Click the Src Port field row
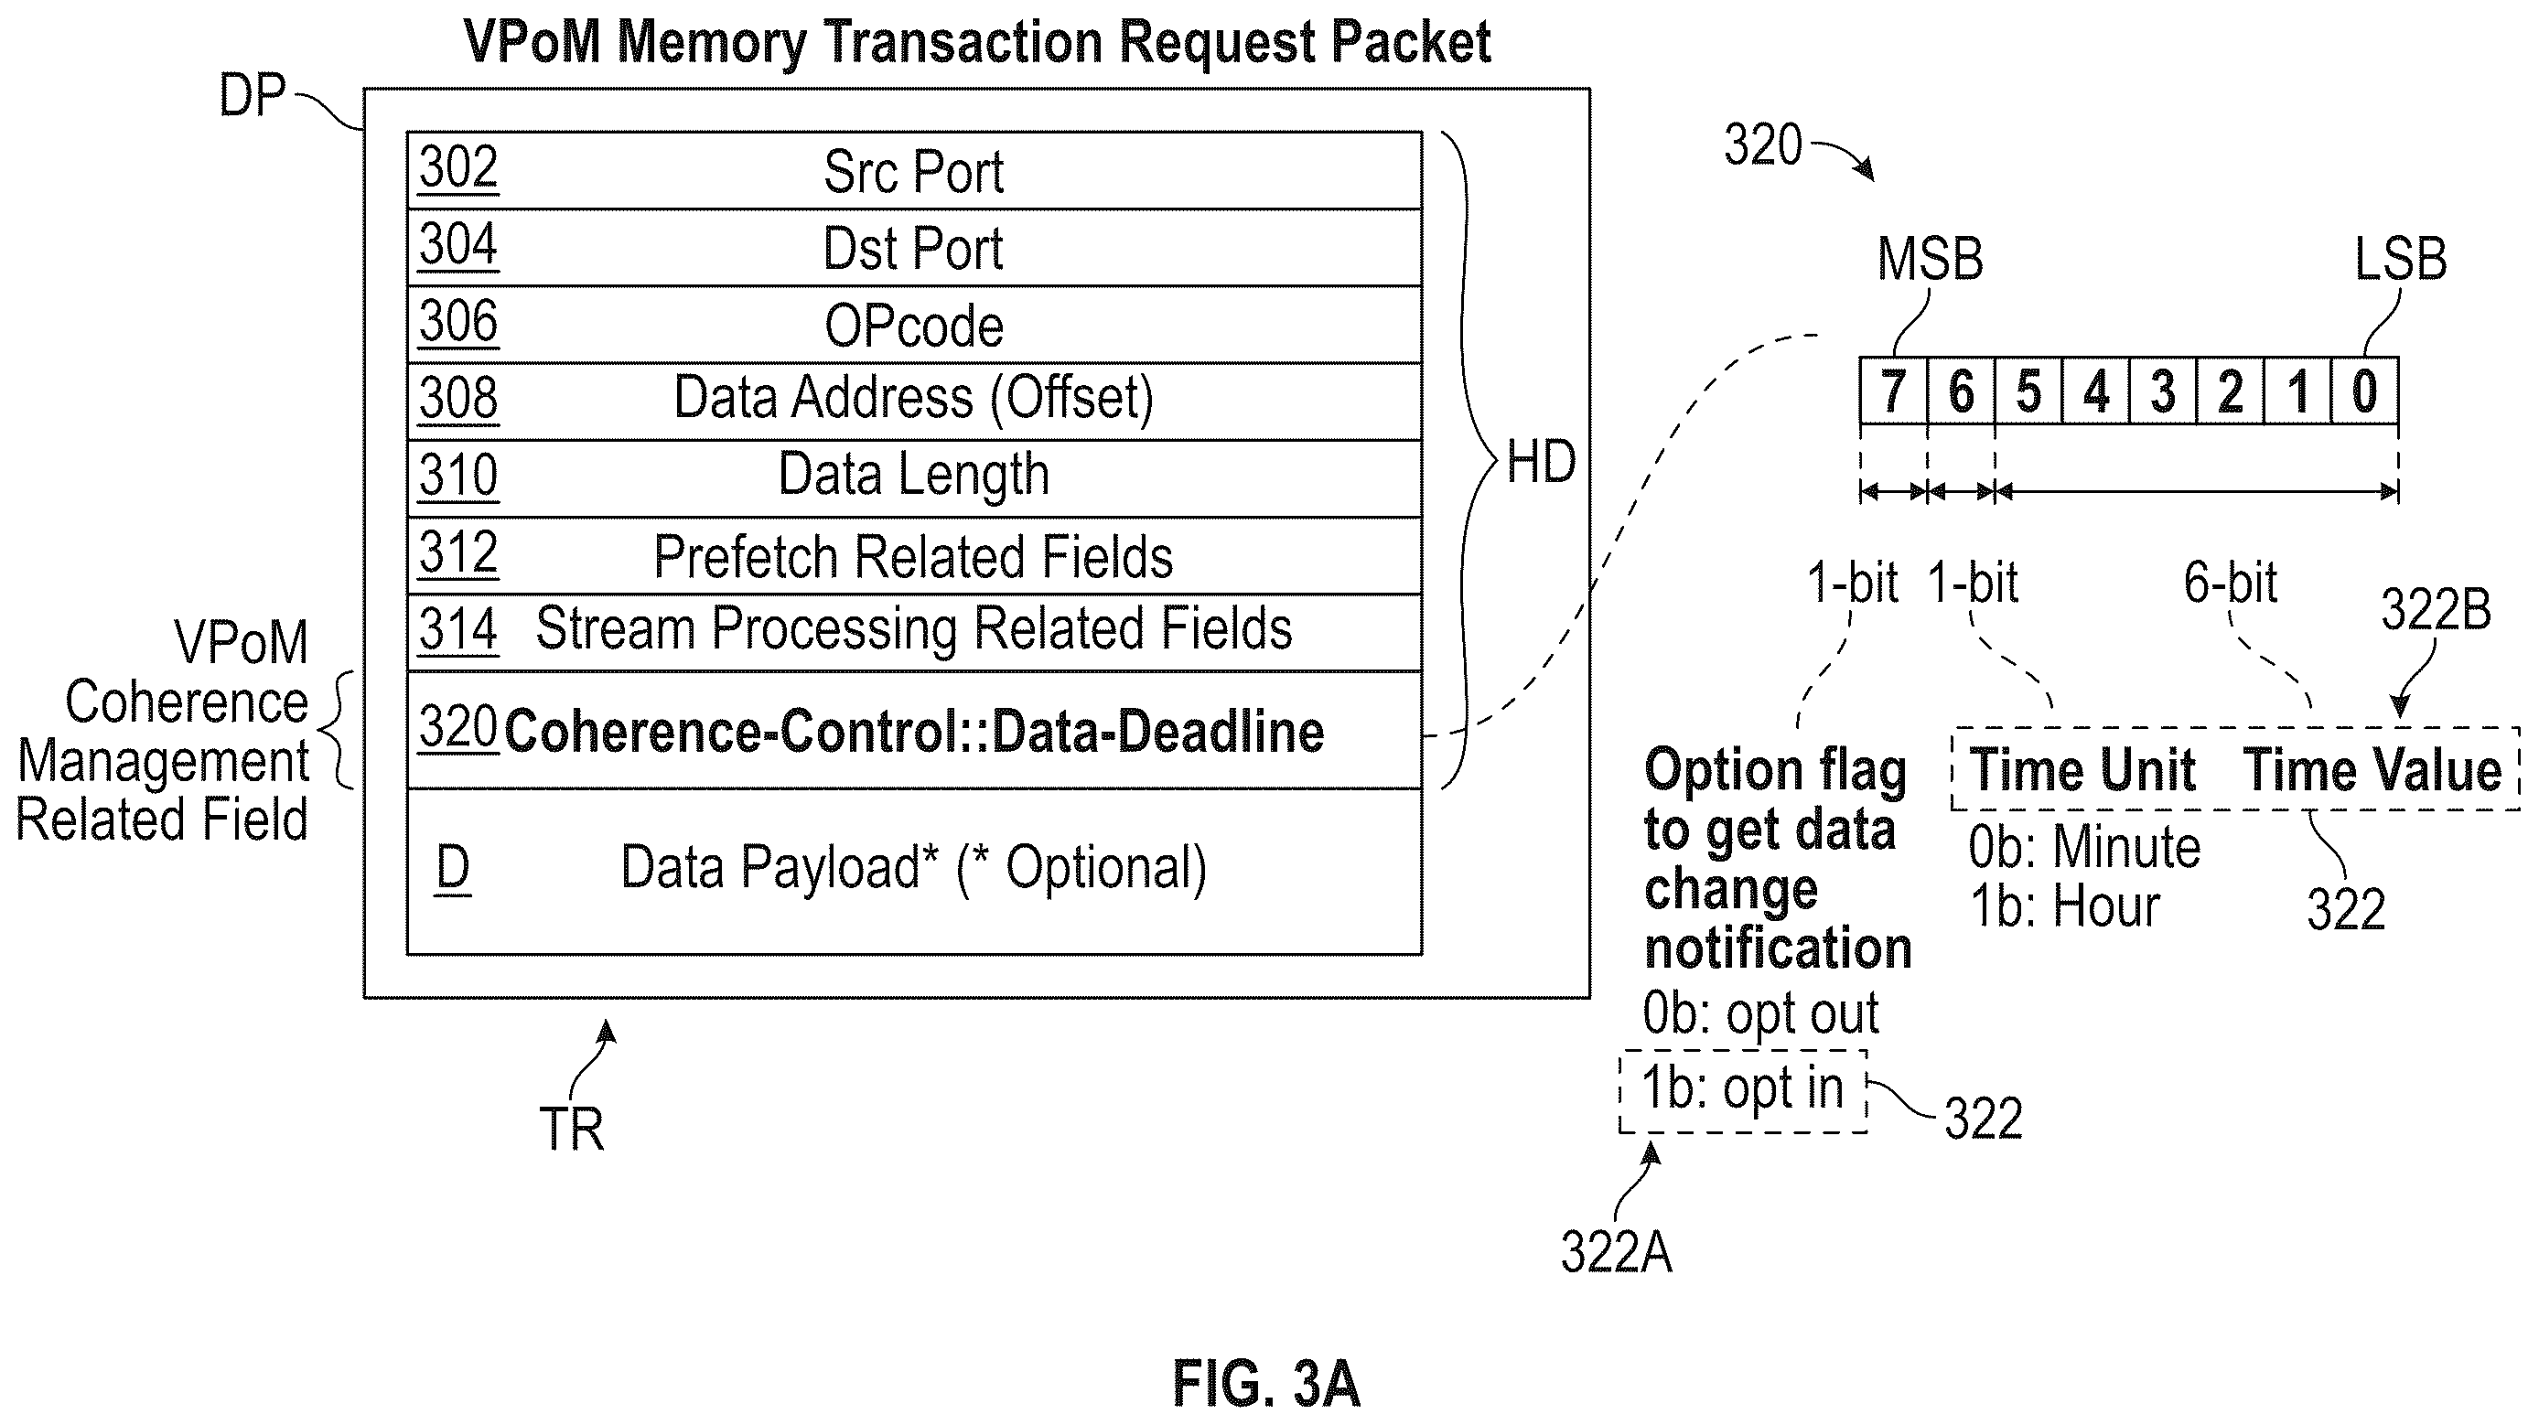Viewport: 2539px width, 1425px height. click(914, 170)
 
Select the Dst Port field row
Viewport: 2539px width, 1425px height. click(914, 247)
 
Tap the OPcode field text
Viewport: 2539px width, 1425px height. click(914, 327)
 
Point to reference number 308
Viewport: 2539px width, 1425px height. click(458, 398)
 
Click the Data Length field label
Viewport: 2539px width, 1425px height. click(914, 475)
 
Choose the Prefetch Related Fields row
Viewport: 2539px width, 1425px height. click(914, 556)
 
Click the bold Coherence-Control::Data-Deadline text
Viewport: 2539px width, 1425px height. click(914, 733)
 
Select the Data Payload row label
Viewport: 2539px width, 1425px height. click(914, 868)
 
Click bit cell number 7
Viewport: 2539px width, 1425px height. click(1893, 391)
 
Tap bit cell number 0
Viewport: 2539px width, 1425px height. click(2364, 391)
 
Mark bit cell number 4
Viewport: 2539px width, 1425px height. click(2095, 391)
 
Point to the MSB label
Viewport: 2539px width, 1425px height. click(1930, 259)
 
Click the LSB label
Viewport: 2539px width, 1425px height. click(2401, 259)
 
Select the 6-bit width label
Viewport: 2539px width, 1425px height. click(2231, 583)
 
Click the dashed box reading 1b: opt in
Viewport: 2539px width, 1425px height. click(1743, 1091)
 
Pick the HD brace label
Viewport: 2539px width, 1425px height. click(1542, 461)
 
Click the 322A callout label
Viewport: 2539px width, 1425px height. click(1617, 1252)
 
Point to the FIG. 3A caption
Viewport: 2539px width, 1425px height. click(1266, 1384)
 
